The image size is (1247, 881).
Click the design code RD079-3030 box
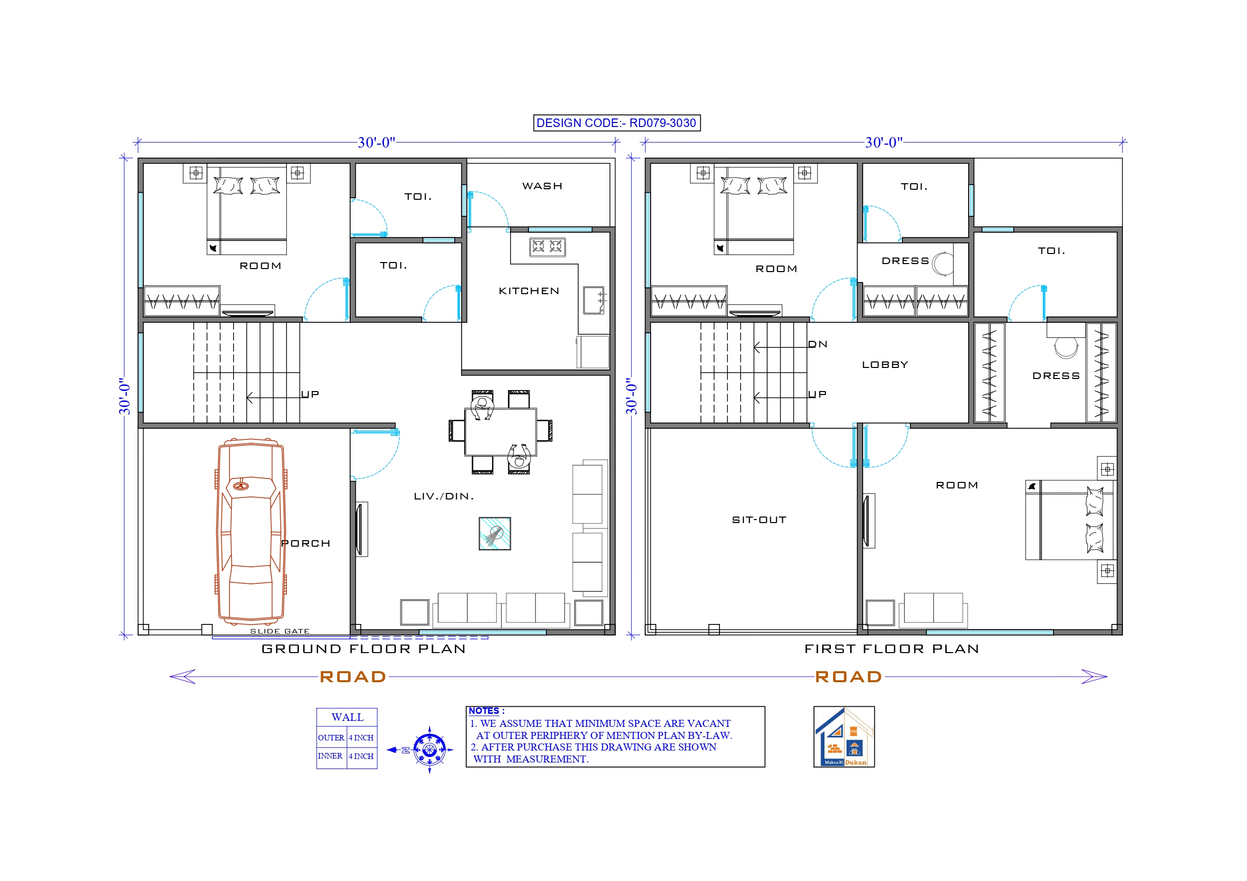(616, 123)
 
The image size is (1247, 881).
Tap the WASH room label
(542, 186)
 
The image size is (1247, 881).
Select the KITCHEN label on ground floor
(529, 291)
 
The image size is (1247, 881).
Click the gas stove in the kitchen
(547, 246)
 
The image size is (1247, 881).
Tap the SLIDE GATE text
(280, 631)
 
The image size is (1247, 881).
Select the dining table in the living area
(500, 432)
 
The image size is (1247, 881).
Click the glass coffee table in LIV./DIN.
(494, 534)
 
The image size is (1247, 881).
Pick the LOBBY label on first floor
(885, 365)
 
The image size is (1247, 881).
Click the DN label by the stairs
(817, 344)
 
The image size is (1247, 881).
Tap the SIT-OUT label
(759, 520)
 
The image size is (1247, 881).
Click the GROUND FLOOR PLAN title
(363, 649)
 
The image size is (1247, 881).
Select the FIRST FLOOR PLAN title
(891, 649)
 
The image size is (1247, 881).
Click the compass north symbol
(429, 749)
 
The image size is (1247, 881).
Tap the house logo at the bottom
(844, 736)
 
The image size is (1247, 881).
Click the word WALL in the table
(347, 717)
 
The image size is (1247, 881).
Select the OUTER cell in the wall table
(331, 738)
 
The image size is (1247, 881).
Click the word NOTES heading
(484, 710)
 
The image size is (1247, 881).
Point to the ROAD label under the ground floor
(353, 677)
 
